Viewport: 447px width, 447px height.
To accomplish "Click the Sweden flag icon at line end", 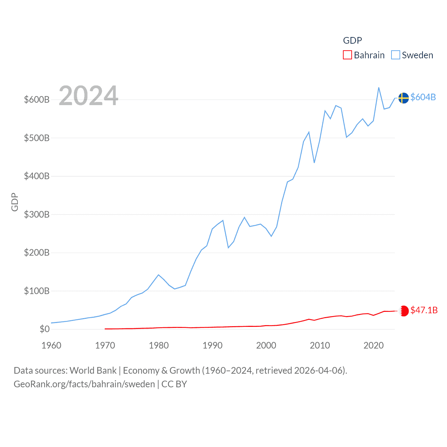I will [403, 98].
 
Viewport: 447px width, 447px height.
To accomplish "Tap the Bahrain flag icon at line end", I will [404, 311].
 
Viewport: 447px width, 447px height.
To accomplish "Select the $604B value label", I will [423, 97].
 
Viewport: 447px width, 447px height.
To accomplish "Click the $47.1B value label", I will [424, 310].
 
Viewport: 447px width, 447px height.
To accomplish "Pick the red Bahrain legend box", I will [347, 55].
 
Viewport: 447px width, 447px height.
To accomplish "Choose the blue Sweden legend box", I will [395, 55].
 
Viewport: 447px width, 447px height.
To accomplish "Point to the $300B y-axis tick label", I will [37, 214].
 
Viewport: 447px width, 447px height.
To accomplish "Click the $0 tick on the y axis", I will [44, 329].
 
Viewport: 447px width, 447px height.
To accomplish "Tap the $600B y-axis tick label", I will [37, 100].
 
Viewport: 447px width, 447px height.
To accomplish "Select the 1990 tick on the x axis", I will [212, 345].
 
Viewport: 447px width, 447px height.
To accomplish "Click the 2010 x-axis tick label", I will [320, 345].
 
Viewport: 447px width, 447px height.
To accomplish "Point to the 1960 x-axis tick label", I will [51, 345].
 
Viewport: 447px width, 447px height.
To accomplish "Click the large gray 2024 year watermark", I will [88, 96].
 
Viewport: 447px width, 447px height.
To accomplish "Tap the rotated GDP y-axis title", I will [15, 202].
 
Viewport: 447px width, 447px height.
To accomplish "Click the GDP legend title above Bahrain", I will [352, 41].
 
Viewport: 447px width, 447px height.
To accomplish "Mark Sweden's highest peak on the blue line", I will [379, 88].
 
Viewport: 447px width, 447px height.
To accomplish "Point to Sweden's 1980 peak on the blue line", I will [159, 275].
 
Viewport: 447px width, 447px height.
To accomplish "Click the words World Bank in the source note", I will [93, 370].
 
